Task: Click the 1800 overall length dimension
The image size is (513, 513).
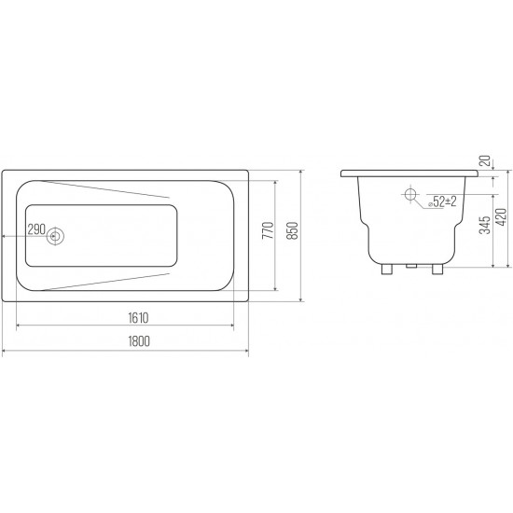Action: [139, 341]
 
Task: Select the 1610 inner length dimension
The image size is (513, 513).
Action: [138, 318]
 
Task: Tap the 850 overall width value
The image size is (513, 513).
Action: [293, 230]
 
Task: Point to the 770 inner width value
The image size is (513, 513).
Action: [268, 230]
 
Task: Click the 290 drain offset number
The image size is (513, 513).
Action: [36, 229]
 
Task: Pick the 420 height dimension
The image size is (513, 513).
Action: [502, 217]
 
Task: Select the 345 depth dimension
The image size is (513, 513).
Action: [485, 225]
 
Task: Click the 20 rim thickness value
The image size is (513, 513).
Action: [487, 160]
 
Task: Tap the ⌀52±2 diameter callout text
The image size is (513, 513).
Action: [442, 201]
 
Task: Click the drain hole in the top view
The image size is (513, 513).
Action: [55, 236]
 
